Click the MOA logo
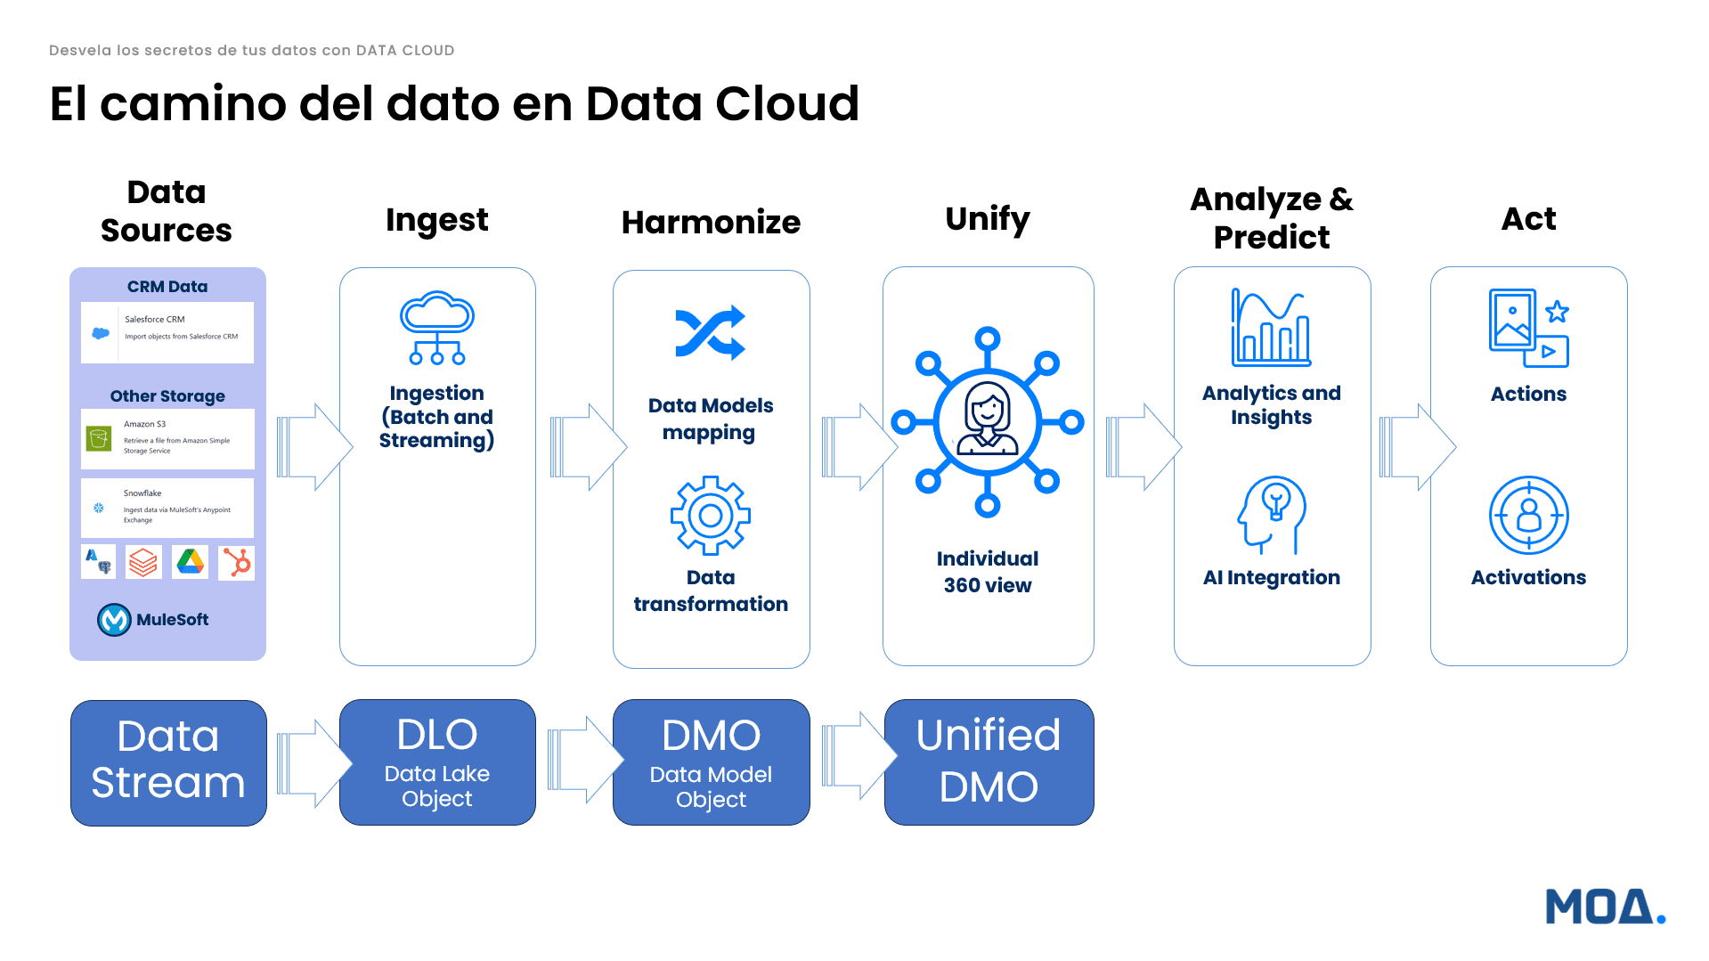pos(1604,907)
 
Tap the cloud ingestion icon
pos(436,327)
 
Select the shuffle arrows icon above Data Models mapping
pos(710,332)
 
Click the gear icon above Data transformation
pos(710,515)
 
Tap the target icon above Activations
pos(1528,515)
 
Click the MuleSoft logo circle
pos(114,619)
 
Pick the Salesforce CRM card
pos(167,332)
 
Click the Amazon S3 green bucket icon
pos(99,438)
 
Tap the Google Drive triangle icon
pos(190,562)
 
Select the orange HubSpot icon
pos(237,562)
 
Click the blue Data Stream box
pos(168,762)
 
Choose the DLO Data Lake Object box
pos(437,762)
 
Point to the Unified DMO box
pos(989,762)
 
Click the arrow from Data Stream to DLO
pos(313,763)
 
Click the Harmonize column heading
pos(711,222)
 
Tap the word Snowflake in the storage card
pos(142,493)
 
